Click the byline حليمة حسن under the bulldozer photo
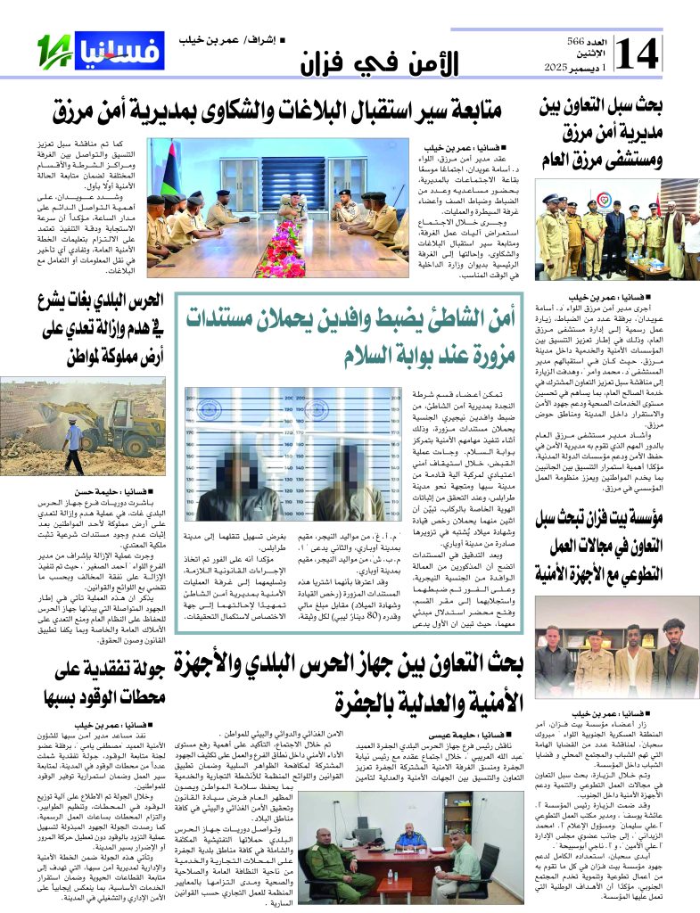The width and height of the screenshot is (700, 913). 106,491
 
